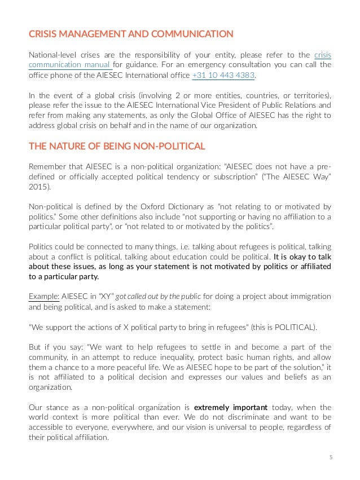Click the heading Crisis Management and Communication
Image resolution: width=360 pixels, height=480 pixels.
point(131,34)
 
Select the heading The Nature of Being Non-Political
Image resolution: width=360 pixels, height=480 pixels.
point(117,147)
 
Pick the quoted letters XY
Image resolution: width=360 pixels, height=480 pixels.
point(103,296)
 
